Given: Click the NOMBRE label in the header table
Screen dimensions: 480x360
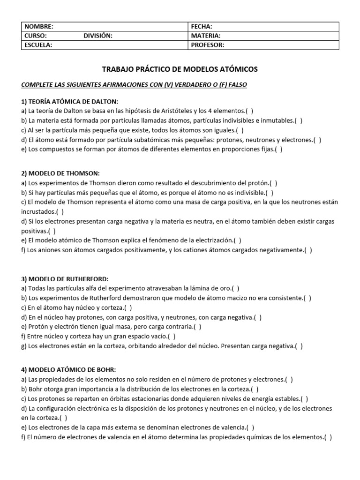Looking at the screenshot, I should click(x=39, y=27).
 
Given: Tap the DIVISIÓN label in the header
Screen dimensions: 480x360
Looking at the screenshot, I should click(x=98, y=36).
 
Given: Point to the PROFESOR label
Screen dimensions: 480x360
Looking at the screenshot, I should click(x=208, y=45).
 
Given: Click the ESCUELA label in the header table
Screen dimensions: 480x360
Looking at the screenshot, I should click(x=38, y=45).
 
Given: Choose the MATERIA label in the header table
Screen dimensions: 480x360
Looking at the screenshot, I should click(x=206, y=36).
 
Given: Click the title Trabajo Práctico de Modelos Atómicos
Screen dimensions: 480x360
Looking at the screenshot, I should click(x=180, y=69).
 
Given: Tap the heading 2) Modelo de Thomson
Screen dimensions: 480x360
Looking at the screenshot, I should click(x=60, y=173).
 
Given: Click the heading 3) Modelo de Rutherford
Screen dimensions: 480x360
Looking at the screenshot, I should click(x=65, y=279).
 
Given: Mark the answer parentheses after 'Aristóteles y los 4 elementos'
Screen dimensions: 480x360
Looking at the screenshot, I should click(x=250, y=111).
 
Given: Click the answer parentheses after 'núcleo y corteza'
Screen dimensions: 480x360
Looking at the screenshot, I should click(x=128, y=307).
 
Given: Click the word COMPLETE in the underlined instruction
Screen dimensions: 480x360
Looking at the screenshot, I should click(x=38, y=85).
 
